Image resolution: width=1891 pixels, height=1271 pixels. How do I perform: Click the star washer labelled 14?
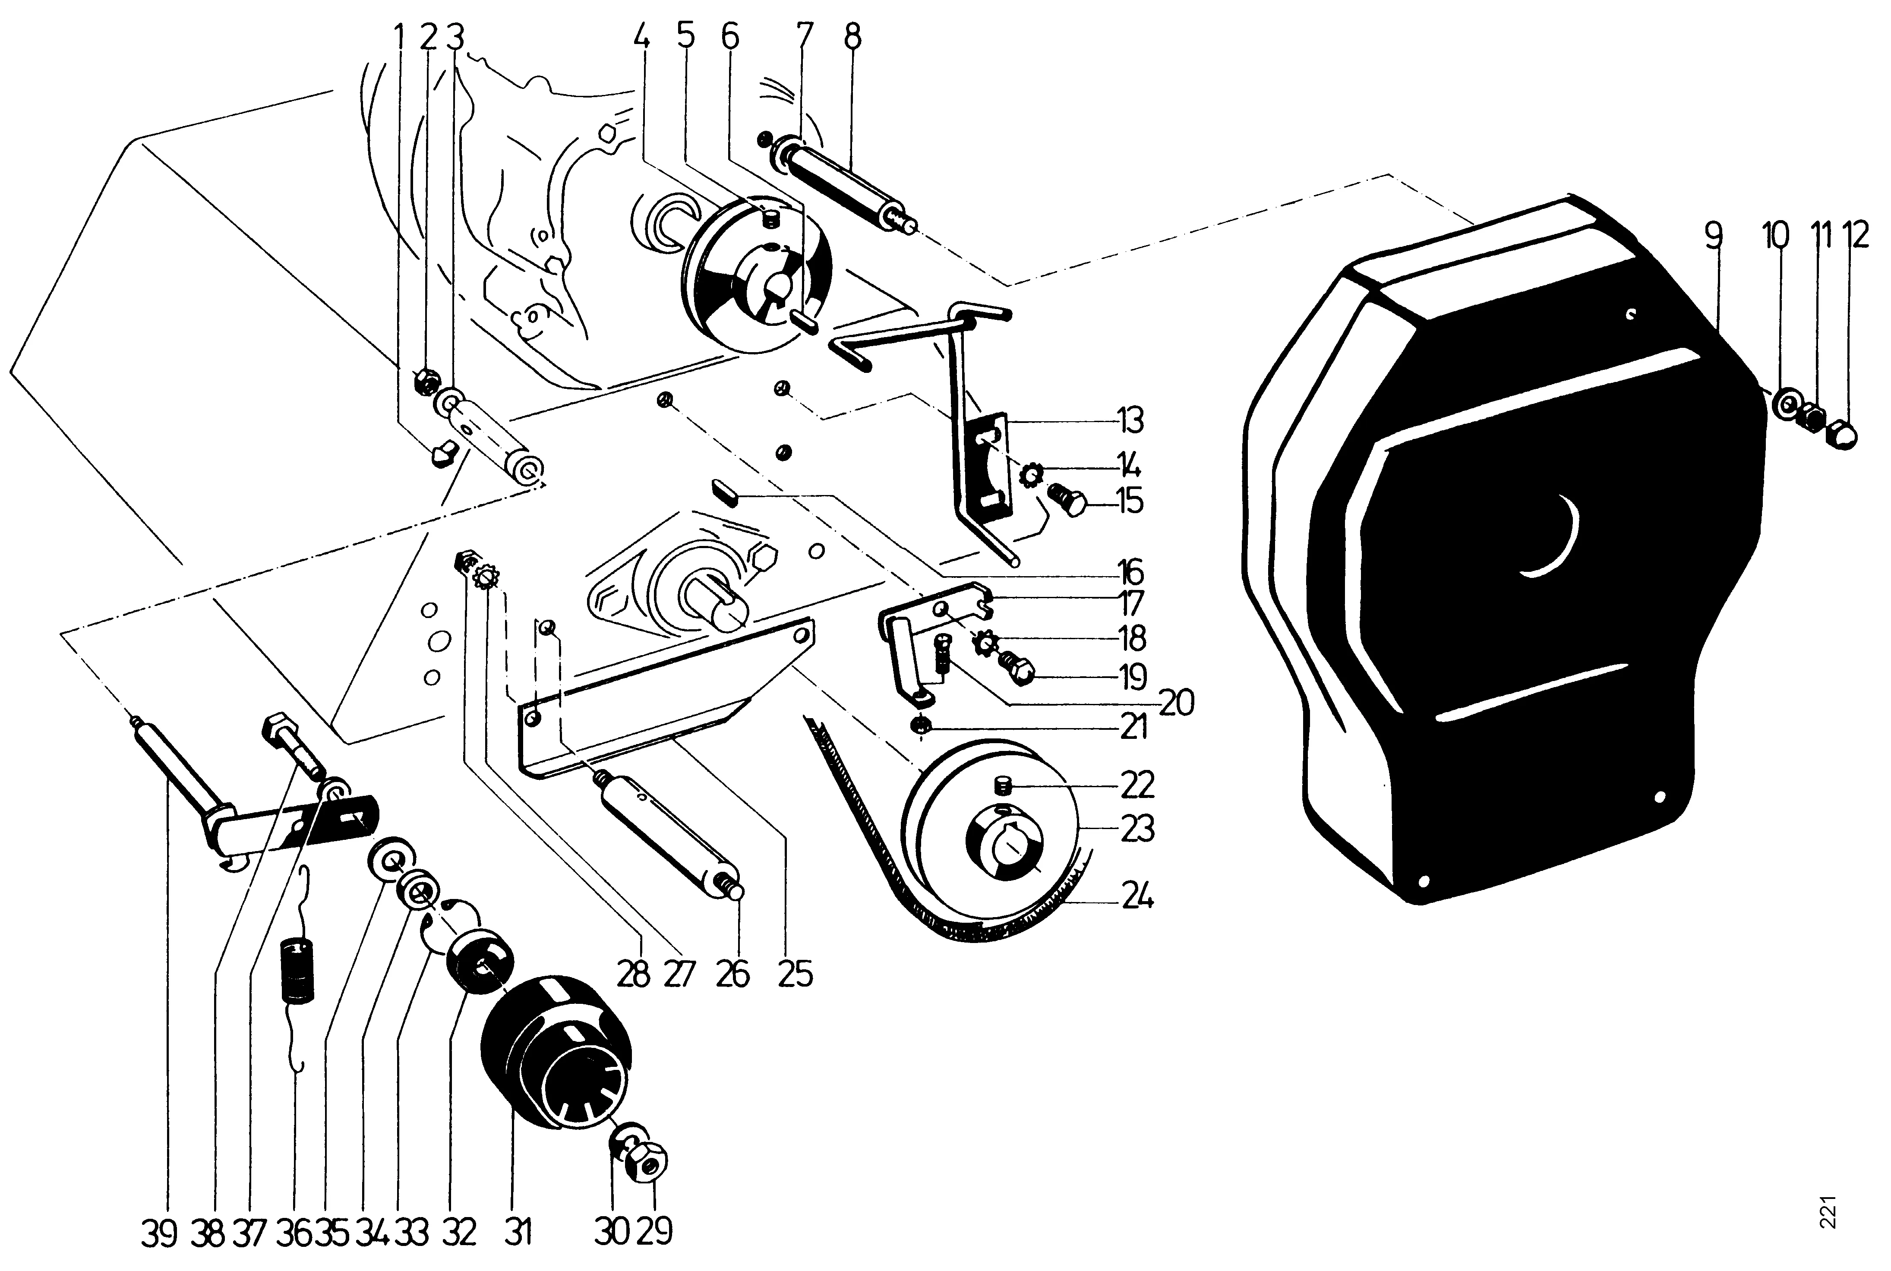tap(1032, 475)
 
